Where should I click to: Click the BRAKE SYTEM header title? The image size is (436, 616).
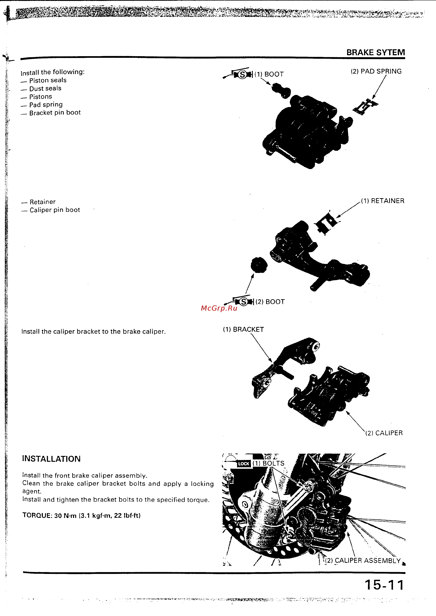point(375,52)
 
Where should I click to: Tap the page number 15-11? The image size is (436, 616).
point(384,585)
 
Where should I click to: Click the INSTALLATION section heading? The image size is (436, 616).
point(51,459)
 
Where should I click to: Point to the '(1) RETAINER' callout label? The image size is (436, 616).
point(382,201)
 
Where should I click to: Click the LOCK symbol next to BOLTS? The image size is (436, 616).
point(243,464)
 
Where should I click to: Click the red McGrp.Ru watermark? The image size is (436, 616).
point(219,308)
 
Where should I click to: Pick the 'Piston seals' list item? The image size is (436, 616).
point(48,80)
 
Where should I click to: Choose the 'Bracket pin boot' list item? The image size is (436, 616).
point(55,113)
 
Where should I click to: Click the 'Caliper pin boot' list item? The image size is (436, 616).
point(55,210)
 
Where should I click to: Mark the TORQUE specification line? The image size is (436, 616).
point(81,515)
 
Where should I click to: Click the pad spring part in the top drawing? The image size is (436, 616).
point(365,106)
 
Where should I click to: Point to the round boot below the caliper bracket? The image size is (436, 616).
point(259,265)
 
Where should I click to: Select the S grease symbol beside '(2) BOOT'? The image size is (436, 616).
point(243,302)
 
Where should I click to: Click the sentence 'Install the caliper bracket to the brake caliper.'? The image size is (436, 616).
point(93,332)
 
